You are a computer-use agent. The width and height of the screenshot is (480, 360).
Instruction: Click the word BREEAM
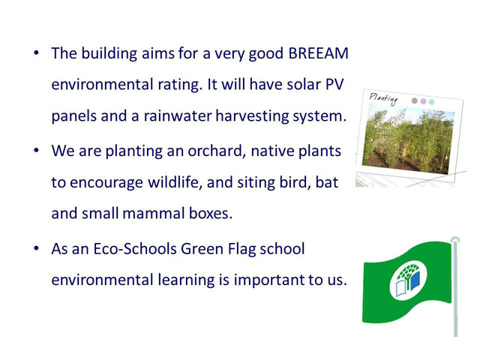[x=318, y=53]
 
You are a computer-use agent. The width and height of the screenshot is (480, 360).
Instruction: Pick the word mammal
[x=153, y=213]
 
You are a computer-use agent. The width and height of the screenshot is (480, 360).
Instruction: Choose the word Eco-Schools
[x=135, y=248]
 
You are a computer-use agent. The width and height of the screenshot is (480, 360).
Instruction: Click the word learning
[x=186, y=280]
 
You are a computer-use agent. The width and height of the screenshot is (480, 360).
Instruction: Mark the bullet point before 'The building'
[x=37, y=53]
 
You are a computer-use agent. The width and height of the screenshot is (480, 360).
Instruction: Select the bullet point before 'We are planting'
[x=37, y=151]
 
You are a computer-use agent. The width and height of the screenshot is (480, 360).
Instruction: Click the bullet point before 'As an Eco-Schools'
[x=37, y=248]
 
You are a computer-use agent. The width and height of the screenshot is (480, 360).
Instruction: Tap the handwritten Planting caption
[x=383, y=99]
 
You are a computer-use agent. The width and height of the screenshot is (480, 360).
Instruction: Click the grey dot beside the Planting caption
[x=415, y=100]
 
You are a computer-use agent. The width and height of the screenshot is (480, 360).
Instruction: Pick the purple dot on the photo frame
[x=423, y=101]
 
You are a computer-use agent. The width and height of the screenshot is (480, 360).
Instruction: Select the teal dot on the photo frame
[x=432, y=102]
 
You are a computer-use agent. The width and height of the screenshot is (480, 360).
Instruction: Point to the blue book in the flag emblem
[x=415, y=281]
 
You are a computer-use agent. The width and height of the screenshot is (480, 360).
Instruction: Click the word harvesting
[x=252, y=116]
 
